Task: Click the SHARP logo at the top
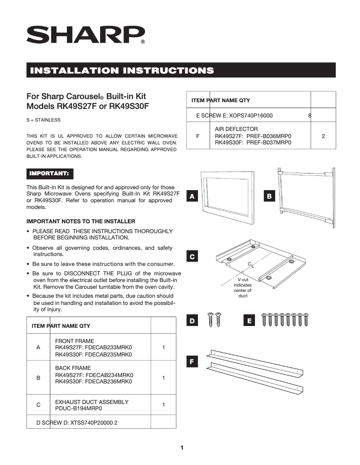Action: pyautogui.click(x=85, y=35)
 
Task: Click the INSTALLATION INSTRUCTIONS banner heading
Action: pyautogui.click(x=121, y=70)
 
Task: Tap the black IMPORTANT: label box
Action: pyautogui.click(x=49, y=173)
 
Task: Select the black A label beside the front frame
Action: pyautogui.click(x=192, y=196)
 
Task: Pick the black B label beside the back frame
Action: pyautogui.click(x=269, y=196)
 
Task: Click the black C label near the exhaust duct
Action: pyautogui.click(x=192, y=257)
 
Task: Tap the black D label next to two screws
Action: pyautogui.click(x=192, y=321)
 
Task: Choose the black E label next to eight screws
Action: pyautogui.click(x=250, y=321)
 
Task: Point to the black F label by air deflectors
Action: pyautogui.click(x=192, y=362)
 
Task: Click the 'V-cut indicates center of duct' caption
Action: pyautogui.click(x=243, y=287)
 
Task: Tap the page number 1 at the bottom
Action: pyautogui.click(x=182, y=448)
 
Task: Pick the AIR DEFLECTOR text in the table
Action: pyautogui.click(x=236, y=129)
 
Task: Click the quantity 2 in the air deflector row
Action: pyautogui.click(x=323, y=136)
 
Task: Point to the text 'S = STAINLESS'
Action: pyautogui.click(x=44, y=120)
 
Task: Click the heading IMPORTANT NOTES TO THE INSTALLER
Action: pyautogui.click(x=81, y=222)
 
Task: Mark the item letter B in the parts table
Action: pyautogui.click(x=38, y=378)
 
